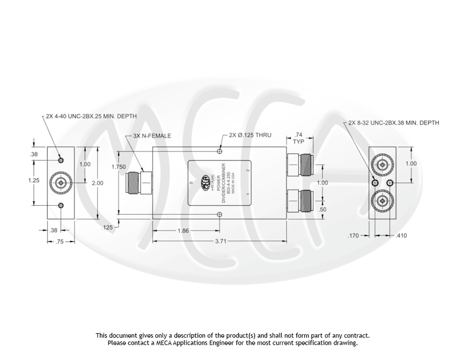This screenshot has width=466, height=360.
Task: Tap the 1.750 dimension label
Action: coord(119,167)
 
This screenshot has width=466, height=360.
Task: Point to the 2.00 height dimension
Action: coord(97,183)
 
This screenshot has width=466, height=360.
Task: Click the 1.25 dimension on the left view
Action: coord(33,180)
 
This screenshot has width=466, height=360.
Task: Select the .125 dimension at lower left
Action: coord(107,227)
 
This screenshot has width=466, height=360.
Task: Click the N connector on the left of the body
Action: coord(139,182)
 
